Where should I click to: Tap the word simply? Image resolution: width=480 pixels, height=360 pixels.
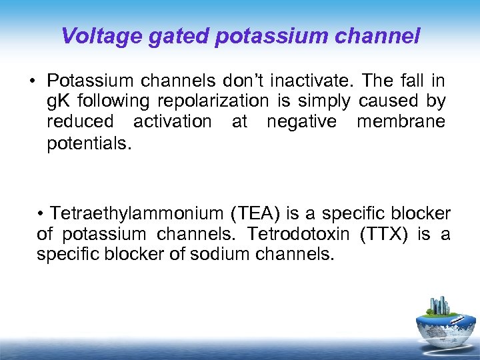[x=325, y=101]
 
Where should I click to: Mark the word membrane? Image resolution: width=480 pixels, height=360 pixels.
[x=401, y=122]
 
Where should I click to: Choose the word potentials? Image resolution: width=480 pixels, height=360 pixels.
[x=85, y=143]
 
